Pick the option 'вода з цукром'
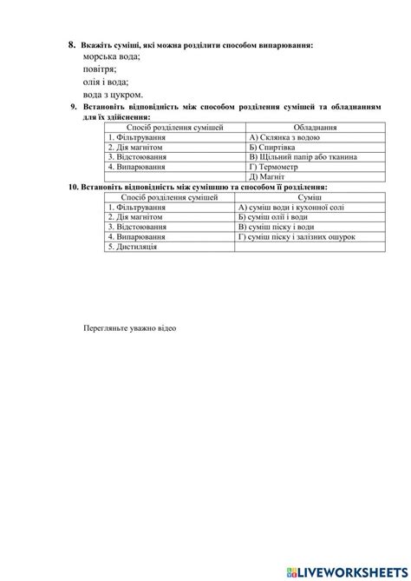pos(114,95)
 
